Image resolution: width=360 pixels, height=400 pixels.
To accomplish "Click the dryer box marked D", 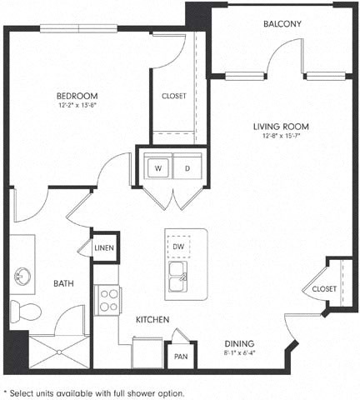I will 187,168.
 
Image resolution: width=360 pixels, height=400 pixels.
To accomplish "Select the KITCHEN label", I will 152,320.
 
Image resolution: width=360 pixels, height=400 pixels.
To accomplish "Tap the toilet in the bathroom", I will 27,311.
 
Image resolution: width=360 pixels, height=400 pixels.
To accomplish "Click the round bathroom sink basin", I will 20,275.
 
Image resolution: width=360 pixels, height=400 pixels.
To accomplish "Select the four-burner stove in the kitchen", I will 108,300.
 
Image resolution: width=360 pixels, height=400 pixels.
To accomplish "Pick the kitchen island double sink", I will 178,278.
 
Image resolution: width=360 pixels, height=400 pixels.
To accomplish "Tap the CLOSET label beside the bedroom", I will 173,96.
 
